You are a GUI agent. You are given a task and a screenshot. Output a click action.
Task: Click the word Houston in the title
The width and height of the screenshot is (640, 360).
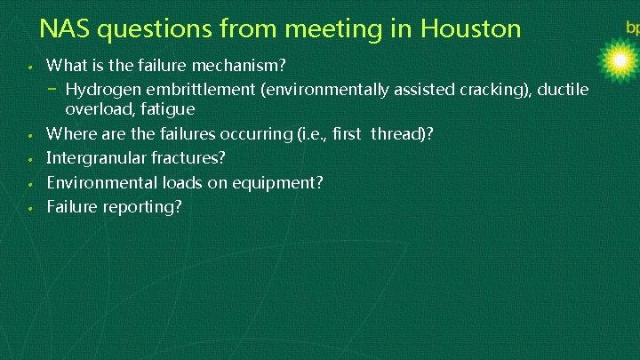(470, 29)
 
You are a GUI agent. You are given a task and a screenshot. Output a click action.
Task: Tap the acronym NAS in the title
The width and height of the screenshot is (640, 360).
(65, 29)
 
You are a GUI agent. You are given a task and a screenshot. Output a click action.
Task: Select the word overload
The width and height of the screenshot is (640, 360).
(97, 109)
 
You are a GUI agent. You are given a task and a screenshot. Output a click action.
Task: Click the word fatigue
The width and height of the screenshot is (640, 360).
(165, 109)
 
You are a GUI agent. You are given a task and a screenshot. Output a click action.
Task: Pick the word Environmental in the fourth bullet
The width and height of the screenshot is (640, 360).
(99, 182)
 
